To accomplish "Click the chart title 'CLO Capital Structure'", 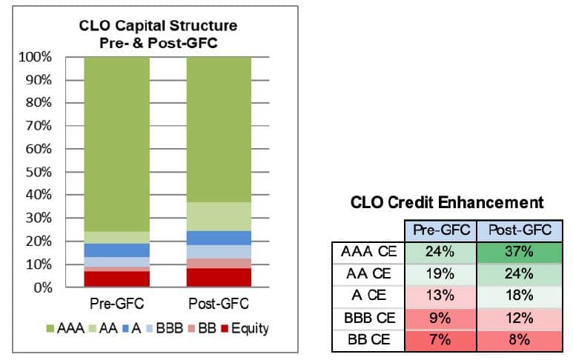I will (159, 26).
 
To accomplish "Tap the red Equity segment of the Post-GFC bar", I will (219, 277).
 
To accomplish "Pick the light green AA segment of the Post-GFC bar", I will (219, 216).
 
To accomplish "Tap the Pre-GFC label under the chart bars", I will (117, 304).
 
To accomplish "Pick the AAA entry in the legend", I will (67, 327).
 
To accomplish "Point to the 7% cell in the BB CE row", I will (441, 340).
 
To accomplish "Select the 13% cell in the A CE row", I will (441, 296).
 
